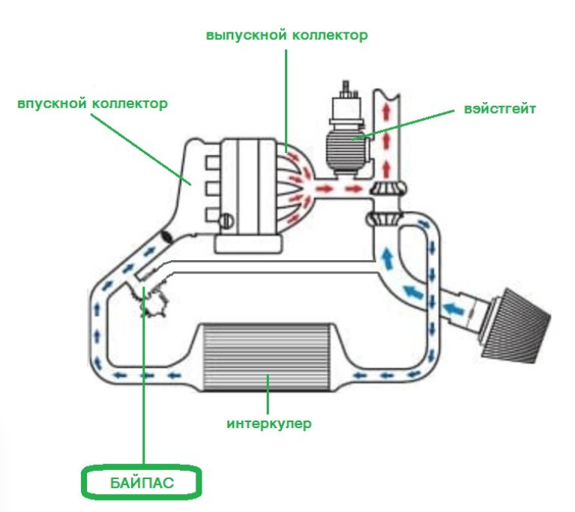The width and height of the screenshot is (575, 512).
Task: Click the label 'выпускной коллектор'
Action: point(287,35)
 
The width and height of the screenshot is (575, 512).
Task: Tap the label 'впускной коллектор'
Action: point(92,103)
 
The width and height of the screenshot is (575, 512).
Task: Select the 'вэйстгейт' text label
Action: point(500,109)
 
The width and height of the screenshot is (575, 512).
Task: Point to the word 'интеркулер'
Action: point(269,424)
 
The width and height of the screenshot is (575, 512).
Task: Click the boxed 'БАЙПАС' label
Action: point(142,483)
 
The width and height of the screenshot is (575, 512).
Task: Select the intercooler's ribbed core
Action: point(268,358)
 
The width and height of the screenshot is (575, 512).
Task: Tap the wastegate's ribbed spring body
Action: point(346,151)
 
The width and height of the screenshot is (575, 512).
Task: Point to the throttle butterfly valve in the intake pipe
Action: point(167,237)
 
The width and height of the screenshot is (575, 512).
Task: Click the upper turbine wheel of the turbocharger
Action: point(388,189)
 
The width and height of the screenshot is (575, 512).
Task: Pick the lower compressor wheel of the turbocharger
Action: point(384,219)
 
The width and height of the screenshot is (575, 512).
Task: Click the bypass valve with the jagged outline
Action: point(153,299)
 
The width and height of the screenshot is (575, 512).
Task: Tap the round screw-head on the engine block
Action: point(227,221)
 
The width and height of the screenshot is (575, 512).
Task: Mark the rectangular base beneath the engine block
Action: point(249,244)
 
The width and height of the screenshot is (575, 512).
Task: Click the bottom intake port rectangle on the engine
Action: point(212,215)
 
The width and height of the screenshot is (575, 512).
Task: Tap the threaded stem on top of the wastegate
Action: point(346,88)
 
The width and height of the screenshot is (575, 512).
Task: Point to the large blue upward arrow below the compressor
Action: point(386,257)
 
